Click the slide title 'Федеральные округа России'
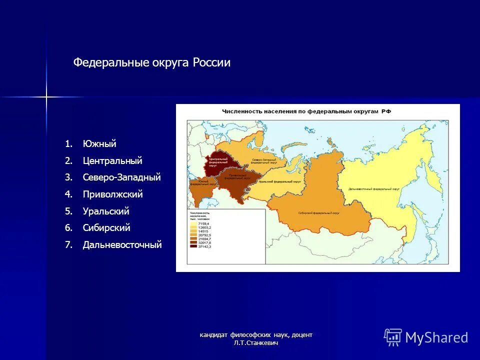click(x=151, y=63)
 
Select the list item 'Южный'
click(x=99, y=144)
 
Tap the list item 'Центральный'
click(x=112, y=161)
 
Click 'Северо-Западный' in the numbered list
click(x=121, y=177)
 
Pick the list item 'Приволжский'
click(x=112, y=194)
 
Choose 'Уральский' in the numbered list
click(x=106, y=211)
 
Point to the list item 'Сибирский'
click(x=106, y=228)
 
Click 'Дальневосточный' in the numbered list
click(x=122, y=245)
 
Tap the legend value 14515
click(x=203, y=231)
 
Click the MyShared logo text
click(x=436, y=338)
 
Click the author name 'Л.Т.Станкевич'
click(x=255, y=343)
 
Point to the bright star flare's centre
click(x=46, y=96)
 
